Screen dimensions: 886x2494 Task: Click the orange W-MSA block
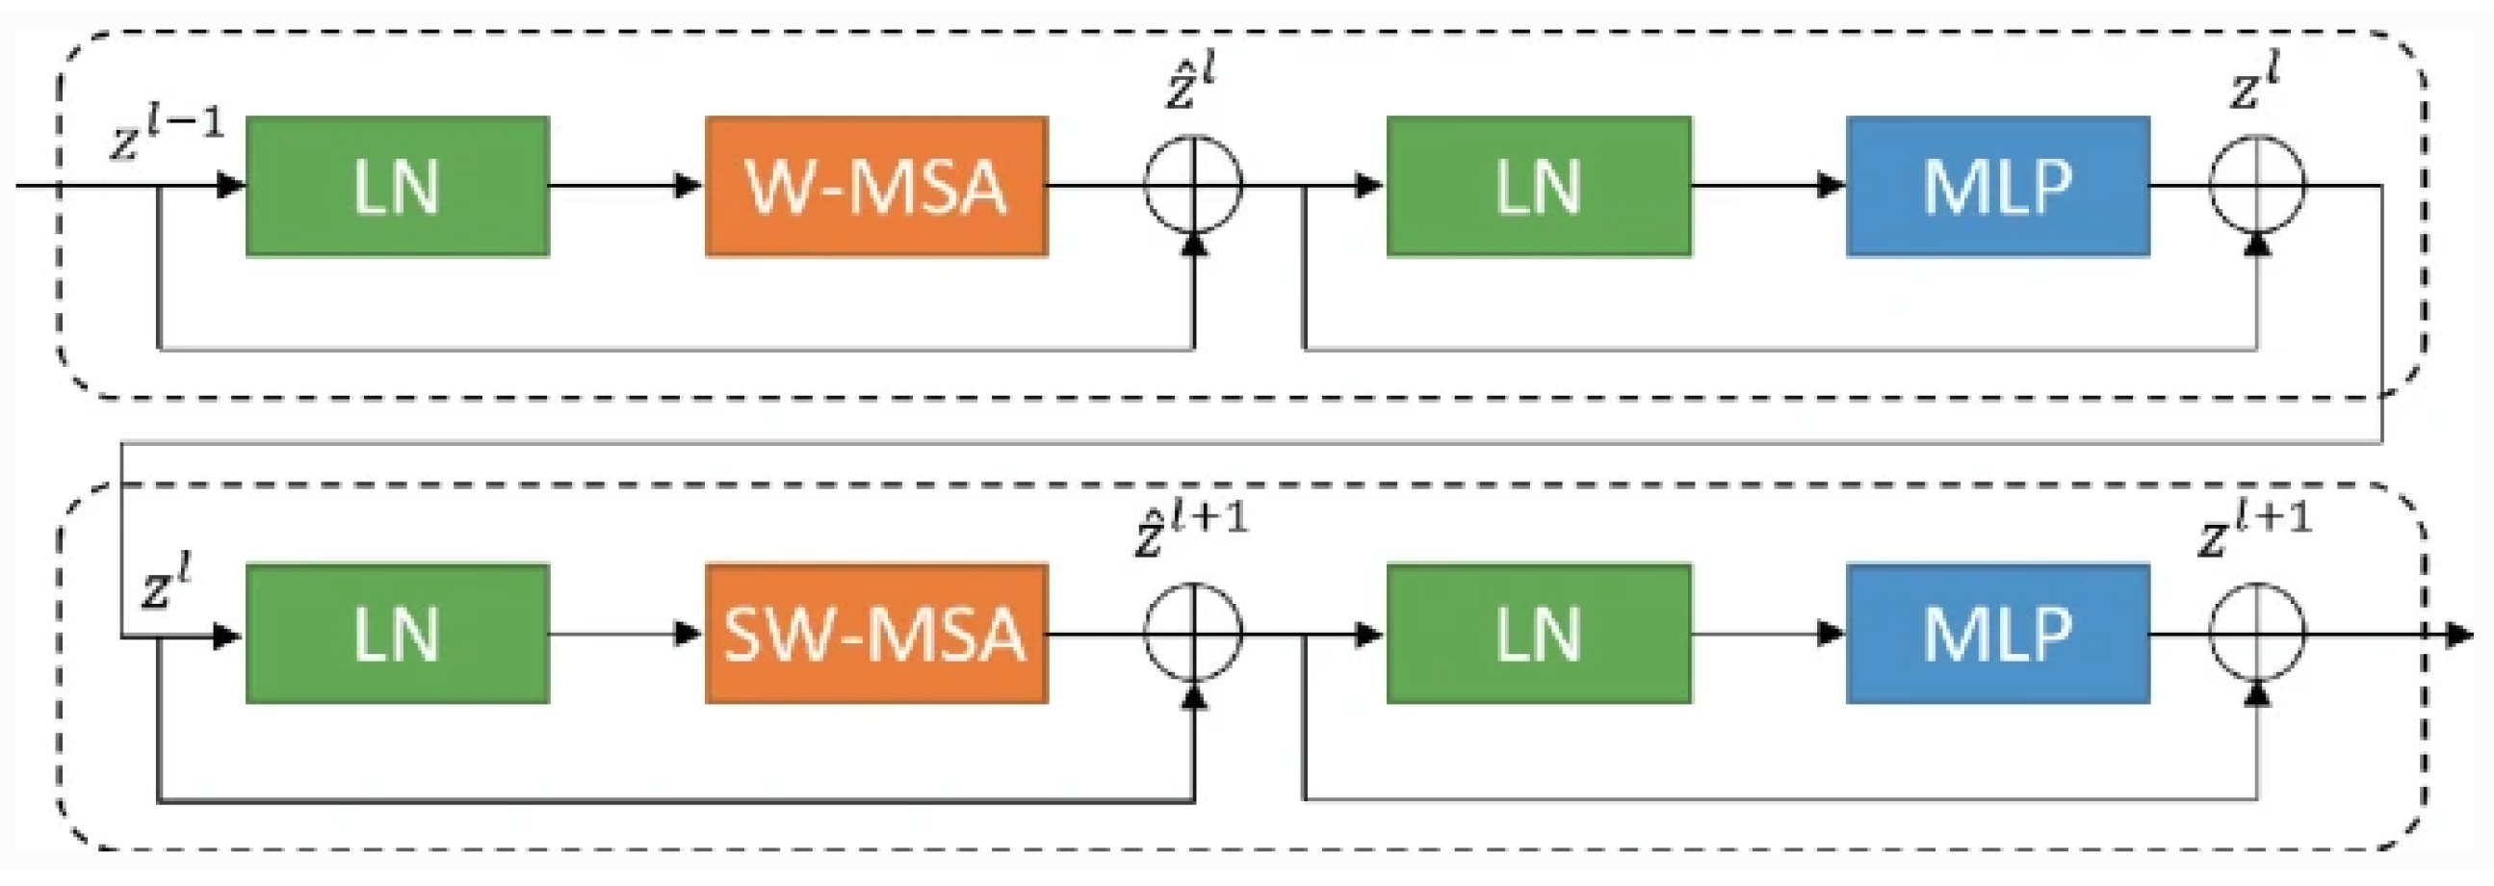tap(876, 186)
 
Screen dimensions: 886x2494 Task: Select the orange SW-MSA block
tap(876, 635)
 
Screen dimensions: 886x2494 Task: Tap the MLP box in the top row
tap(1997, 186)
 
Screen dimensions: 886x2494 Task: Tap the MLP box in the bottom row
tap(1997, 635)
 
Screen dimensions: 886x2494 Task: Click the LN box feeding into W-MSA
tap(397, 186)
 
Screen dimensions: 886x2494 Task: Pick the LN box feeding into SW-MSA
tap(397, 635)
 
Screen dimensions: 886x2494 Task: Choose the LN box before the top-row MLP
tap(1539, 186)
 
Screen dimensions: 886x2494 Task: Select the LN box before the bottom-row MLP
tap(1539, 635)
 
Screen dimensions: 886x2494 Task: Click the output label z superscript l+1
tap(2254, 529)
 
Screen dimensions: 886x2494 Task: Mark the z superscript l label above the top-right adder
tap(2254, 85)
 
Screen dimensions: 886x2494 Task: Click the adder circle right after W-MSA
tap(1193, 184)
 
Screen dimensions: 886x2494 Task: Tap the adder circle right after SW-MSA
tap(1193, 633)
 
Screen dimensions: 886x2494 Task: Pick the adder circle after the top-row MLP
tap(2257, 184)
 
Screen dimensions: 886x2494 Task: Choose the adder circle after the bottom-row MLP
tap(2257, 633)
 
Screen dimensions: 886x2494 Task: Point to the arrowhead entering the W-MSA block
tap(688, 185)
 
